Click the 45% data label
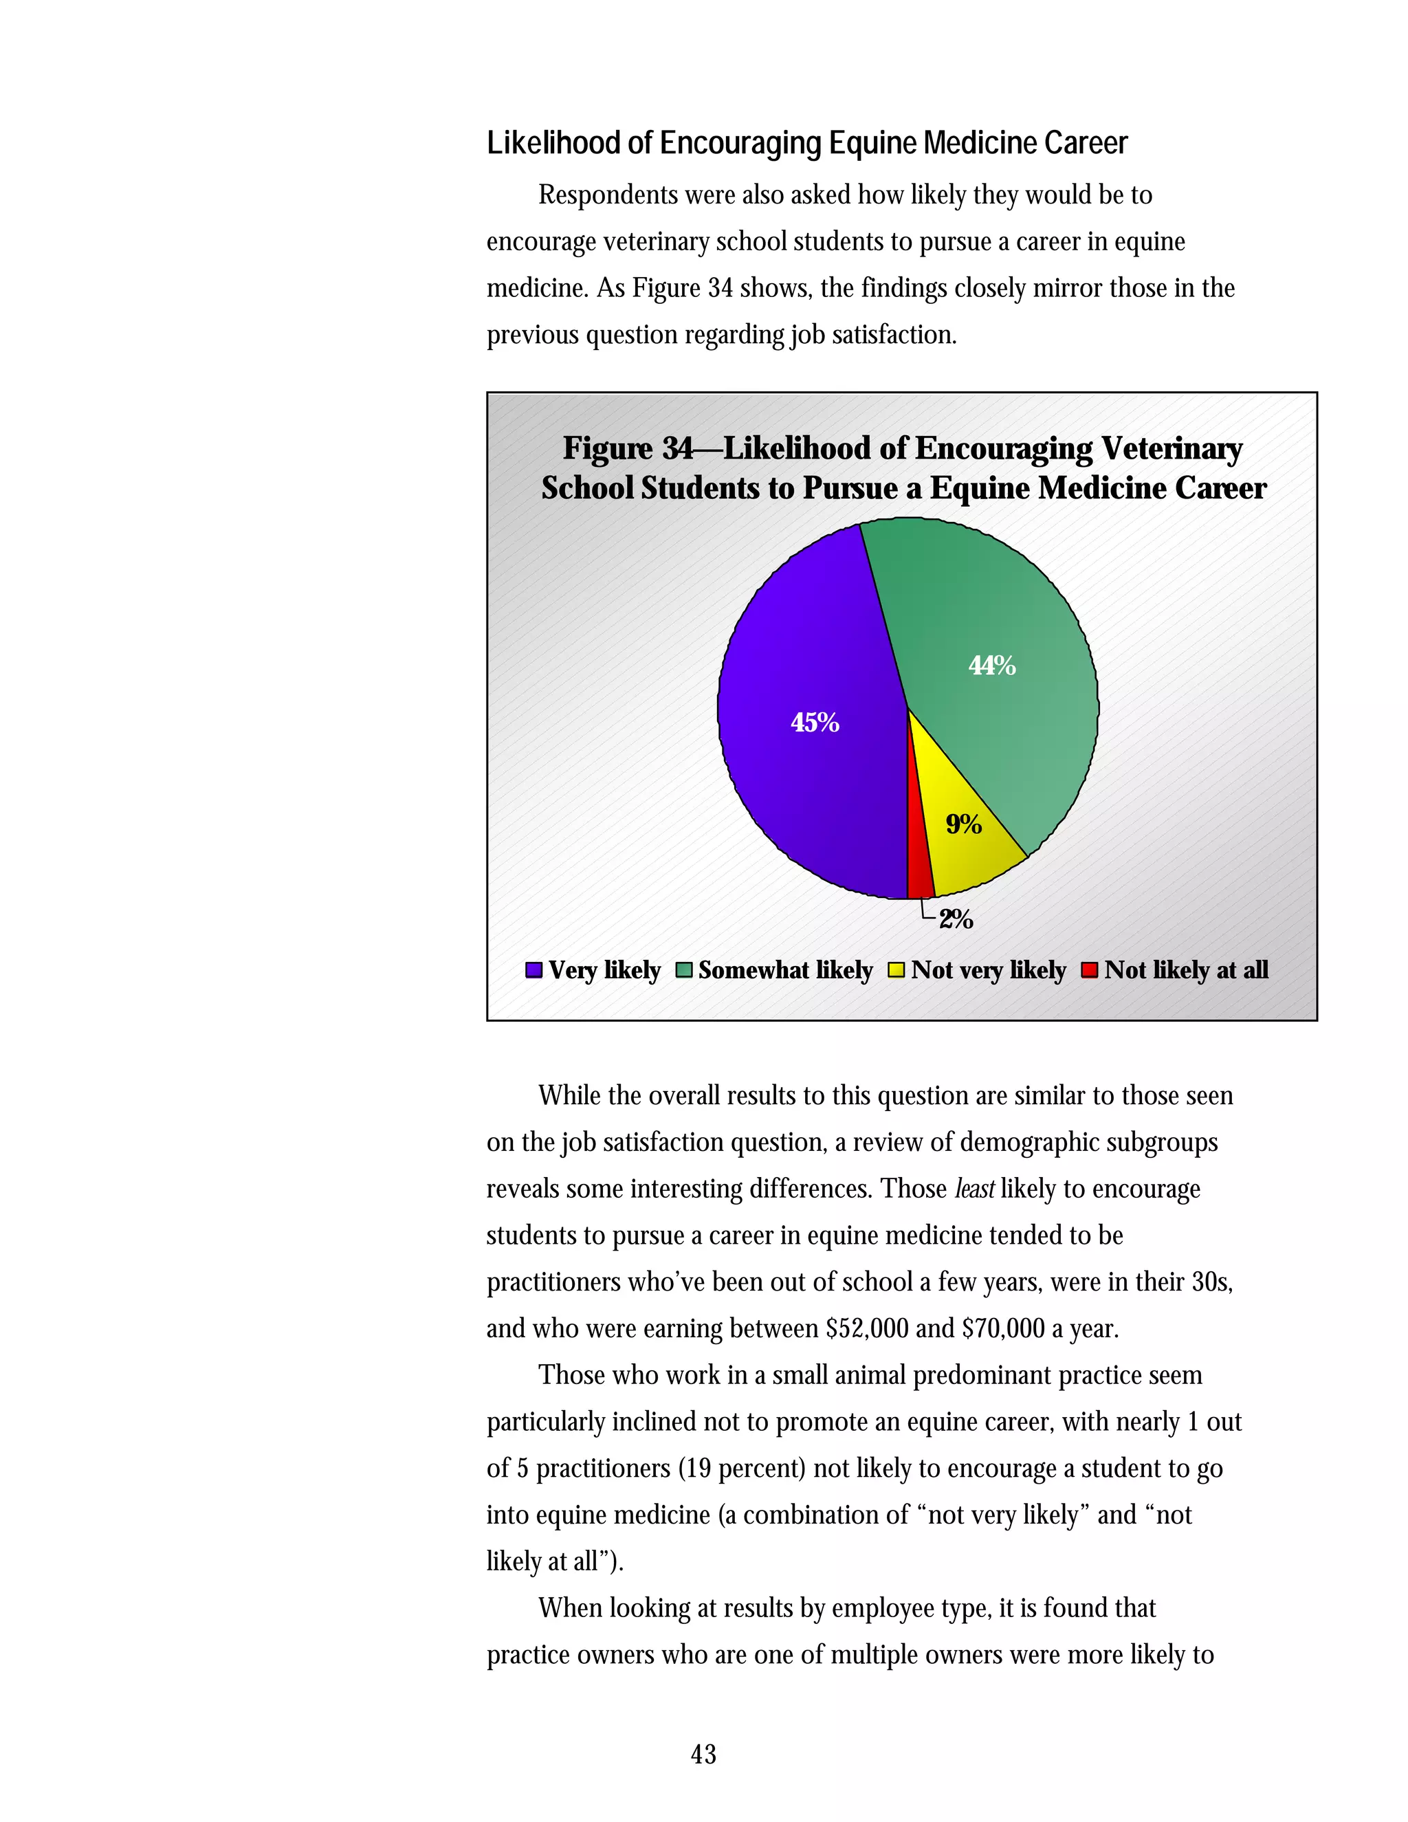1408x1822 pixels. (x=815, y=723)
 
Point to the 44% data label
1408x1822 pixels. (x=992, y=666)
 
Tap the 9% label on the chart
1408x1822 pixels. (x=963, y=824)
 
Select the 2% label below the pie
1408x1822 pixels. (x=955, y=919)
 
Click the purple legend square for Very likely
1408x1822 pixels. (x=533, y=970)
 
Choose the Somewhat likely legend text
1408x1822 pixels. (x=785, y=970)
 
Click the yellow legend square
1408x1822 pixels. (x=896, y=970)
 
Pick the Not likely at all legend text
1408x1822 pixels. (x=1185, y=970)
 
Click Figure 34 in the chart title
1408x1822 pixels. (x=627, y=449)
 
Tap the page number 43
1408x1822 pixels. (x=703, y=1754)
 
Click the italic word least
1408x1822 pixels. (x=973, y=1189)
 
